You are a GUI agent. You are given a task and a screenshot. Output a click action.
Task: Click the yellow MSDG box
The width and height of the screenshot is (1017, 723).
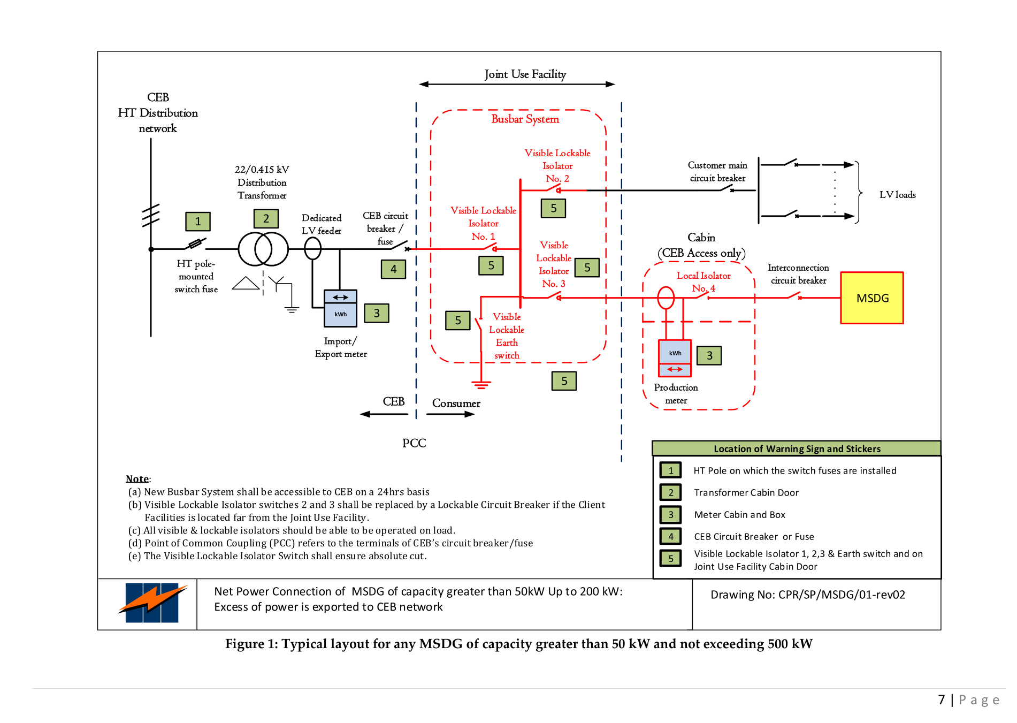click(x=871, y=298)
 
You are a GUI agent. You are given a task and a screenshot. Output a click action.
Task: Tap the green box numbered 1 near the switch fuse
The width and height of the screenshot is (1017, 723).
click(x=198, y=222)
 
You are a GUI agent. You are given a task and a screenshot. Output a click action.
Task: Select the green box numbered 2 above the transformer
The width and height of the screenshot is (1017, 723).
click(x=266, y=219)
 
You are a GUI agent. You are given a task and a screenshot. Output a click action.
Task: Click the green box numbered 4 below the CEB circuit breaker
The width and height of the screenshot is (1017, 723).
click(x=393, y=269)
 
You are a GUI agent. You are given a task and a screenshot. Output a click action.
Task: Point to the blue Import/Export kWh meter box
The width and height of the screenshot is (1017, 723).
click(x=340, y=308)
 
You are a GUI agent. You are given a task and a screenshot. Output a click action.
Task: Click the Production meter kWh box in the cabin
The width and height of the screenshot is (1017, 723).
click(x=675, y=358)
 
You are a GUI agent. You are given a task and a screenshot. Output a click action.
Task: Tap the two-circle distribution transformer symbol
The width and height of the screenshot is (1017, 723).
click(x=263, y=249)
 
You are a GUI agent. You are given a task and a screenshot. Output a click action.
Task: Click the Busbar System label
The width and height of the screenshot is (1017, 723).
click(x=525, y=119)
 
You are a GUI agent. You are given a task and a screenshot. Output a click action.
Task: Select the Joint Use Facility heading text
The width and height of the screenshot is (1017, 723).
click(x=525, y=74)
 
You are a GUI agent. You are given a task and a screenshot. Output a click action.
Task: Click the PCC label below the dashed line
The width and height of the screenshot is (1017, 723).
click(x=414, y=443)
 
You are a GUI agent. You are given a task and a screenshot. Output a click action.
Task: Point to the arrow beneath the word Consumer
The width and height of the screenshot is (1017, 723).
click(x=450, y=414)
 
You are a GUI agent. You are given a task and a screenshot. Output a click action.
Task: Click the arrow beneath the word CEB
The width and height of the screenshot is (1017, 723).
click(x=384, y=414)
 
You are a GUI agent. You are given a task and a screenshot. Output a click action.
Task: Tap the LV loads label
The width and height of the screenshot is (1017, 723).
click(x=897, y=195)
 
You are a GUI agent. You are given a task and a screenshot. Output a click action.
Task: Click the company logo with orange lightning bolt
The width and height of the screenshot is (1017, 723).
click(x=152, y=603)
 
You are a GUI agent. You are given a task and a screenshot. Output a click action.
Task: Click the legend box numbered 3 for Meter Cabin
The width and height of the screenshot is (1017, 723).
click(x=670, y=515)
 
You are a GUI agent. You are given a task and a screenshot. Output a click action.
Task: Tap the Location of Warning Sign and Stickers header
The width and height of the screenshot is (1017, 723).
click(x=797, y=448)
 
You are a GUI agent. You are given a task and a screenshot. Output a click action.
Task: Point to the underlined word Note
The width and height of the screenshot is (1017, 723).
click(x=137, y=479)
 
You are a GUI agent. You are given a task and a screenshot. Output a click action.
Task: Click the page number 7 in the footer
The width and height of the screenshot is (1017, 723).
click(x=942, y=700)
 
